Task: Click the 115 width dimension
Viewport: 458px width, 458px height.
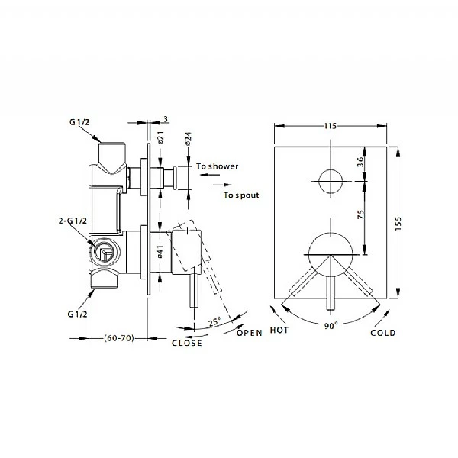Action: point(331,126)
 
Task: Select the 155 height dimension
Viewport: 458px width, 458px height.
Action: point(398,224)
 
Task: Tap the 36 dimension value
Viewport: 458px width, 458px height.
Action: point(361,162)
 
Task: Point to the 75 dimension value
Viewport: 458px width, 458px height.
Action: point(361,214)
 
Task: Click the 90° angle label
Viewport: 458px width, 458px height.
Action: point(331,326)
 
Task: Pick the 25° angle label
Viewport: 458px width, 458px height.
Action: point(214,321)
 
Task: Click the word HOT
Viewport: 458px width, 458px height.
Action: point(279,331)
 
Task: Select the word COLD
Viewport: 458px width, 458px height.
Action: point(383,333)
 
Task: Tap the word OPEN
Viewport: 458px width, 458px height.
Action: point(250,333)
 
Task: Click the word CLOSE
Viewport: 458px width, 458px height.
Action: point(187,343)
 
